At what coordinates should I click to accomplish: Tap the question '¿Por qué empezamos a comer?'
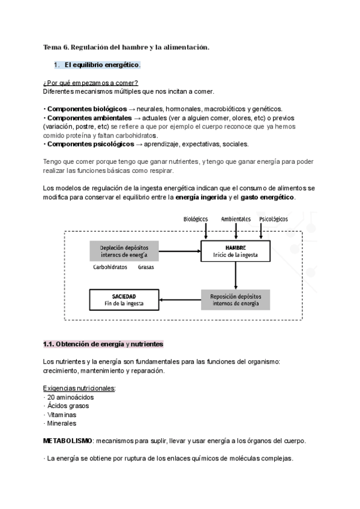[90, 82]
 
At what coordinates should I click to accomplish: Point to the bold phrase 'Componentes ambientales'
[88, 118]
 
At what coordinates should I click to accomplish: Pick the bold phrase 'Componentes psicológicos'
[90, 144]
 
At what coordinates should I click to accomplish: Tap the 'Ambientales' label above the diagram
[236, 219]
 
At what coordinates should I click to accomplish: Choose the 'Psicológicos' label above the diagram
[274, 219]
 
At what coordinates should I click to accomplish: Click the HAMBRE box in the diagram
[236, 251]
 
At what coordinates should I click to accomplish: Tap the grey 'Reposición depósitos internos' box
[235, 299]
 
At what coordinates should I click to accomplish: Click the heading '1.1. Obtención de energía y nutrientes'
[103, 345]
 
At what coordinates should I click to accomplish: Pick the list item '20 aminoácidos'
[70, 397]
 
